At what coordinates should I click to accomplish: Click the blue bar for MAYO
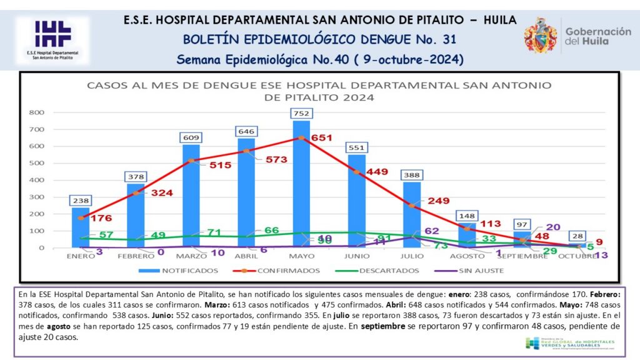coord(301,187)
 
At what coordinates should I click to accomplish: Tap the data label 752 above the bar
coord(301,113)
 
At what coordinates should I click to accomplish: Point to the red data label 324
coord(162,192)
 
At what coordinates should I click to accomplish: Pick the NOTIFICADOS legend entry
coord(182,271)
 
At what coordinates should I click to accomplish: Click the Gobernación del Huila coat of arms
coord(541,36)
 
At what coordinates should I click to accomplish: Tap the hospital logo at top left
coord(52,39)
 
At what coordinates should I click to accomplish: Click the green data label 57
coord(107,234)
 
